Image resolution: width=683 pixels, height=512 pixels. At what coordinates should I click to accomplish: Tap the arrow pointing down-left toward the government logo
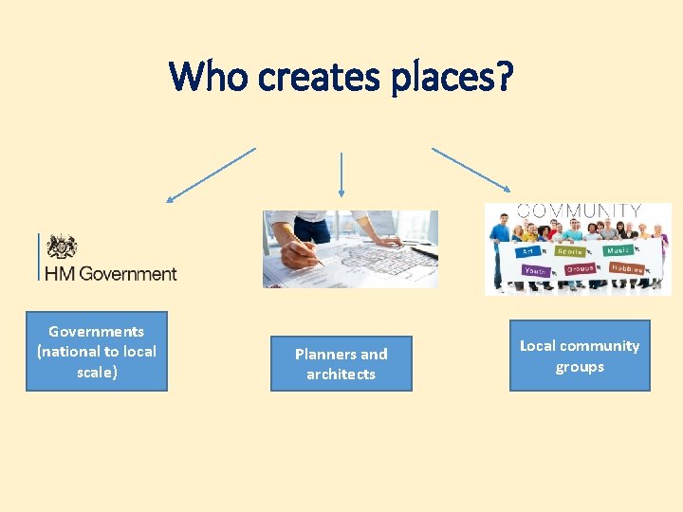click(x=211, y=175)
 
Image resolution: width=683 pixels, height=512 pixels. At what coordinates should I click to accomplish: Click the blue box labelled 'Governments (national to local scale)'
click(x=96, y=352)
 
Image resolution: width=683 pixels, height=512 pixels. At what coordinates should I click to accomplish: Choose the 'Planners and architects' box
click(x=341, y=363)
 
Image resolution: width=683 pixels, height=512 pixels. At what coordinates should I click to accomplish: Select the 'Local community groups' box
click(x=580, y=356)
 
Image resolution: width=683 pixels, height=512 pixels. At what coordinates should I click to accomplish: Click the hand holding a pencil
click(x=302, y=248)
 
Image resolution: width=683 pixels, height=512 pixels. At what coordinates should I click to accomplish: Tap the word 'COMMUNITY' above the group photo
click(x=578, y=210)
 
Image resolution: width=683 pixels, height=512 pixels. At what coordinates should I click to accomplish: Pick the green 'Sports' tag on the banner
click(x=571, y=251)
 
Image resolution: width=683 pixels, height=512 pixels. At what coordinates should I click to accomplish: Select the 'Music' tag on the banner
click(x=619, y=251)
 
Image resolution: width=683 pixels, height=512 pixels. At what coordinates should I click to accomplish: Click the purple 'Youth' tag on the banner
click(x=536, y=270)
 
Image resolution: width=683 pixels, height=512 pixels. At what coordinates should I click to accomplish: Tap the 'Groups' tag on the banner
click(x=580, y=269)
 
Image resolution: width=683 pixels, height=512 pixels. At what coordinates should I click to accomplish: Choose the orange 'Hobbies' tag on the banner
click(x=626, y=269)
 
